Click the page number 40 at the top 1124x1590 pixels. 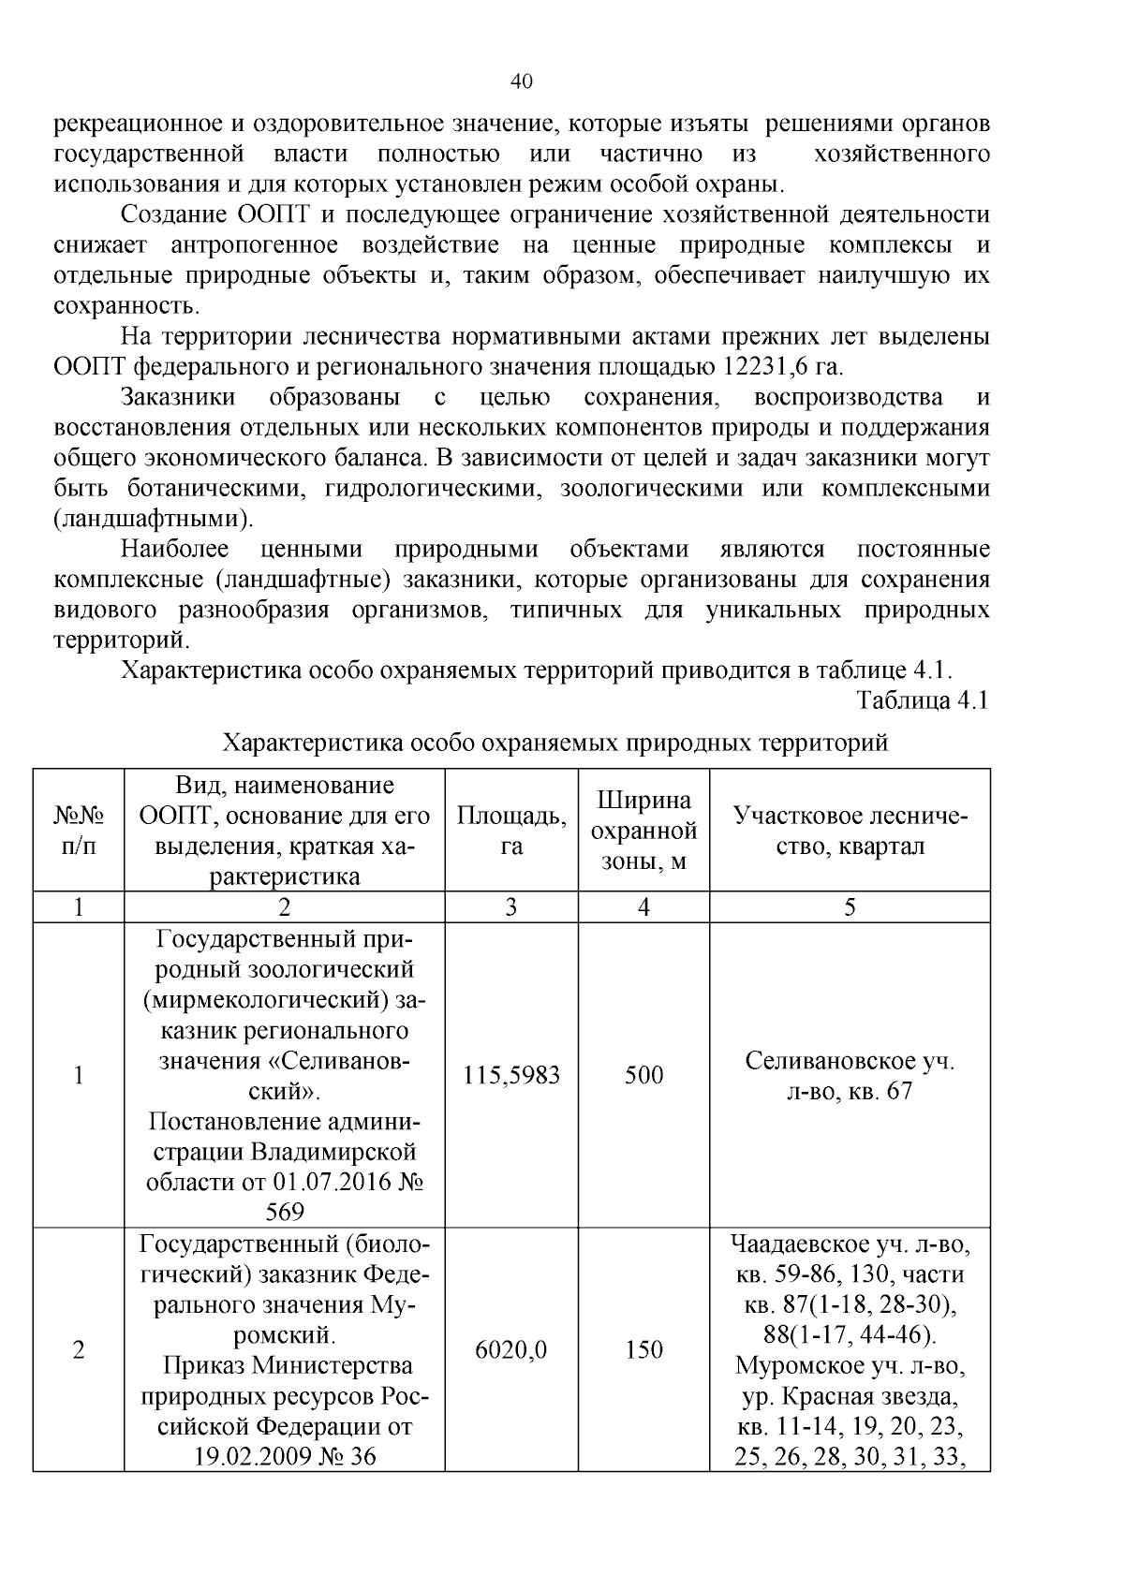click(522, 82)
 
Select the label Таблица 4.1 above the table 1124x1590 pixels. click(922, 700)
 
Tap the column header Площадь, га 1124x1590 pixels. click(511, 830)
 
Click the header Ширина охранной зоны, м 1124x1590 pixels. click(643, 830)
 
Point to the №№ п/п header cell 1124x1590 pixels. click(79, 830)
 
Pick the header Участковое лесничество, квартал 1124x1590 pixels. click(850, 830)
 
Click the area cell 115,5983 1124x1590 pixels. click(511, 1075)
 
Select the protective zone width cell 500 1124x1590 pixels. click(643, 1075)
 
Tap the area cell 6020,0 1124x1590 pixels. click(511, 1349)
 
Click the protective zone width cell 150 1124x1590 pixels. click(643, 1349)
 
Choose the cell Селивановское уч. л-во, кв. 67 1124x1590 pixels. click(850, 1076)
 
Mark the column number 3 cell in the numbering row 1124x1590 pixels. click(511, 907)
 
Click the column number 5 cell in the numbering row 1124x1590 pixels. click(850, 907)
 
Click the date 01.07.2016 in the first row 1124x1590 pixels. click(333, 1182)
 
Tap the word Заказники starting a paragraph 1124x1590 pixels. click(178, 398)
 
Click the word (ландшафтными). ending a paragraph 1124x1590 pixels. click(154, 519)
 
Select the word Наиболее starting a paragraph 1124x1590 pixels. click(176, 550)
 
